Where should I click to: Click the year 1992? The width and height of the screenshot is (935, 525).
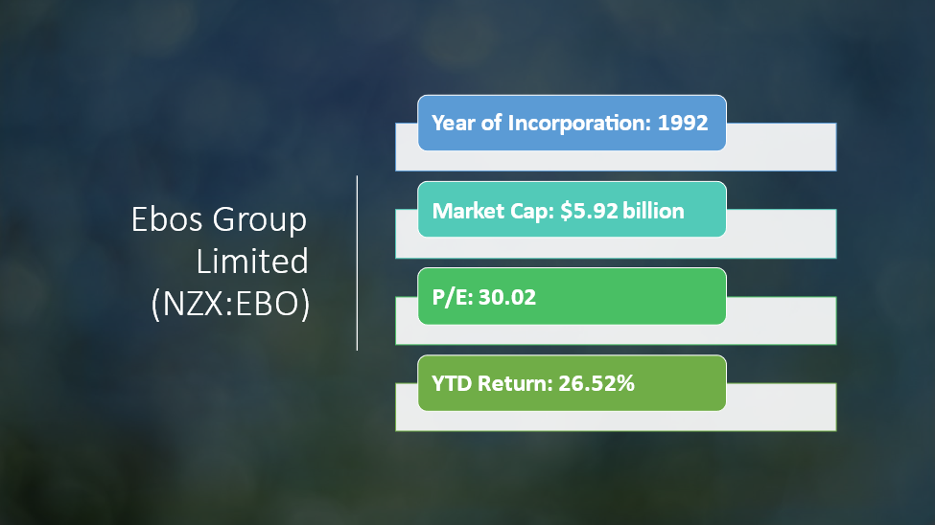[x=682, y=123]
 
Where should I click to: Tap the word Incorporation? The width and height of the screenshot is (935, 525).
[x=579, y=124]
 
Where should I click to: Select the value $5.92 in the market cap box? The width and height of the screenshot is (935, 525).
[x=589, y=211]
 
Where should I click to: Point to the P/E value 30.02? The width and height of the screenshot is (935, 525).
[x=507, y=297]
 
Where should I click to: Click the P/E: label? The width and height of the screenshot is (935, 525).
[x=452, y=297]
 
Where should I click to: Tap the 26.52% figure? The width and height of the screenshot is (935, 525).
[x=596, y=383]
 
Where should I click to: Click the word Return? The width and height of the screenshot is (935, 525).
[x=515, y=383]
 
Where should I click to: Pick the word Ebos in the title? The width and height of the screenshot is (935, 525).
[x=168, y=219]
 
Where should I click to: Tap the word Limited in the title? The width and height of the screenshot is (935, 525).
[x=252, y=262]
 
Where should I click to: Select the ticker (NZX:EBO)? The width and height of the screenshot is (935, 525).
[x=231, y=304]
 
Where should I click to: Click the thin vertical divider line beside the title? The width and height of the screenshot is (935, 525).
[x=357, y=262]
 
